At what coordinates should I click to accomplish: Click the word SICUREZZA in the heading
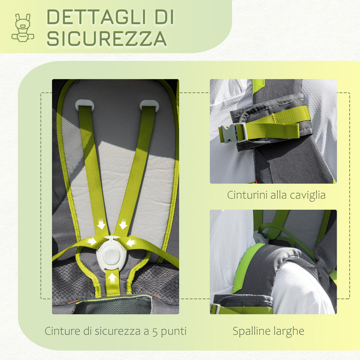107,38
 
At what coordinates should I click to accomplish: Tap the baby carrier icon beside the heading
22,27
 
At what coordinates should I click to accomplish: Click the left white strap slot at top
85,105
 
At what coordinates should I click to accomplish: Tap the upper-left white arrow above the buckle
101,225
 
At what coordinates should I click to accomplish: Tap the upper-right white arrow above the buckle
123,225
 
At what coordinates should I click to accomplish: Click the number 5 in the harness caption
156,332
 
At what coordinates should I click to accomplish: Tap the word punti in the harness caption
174,332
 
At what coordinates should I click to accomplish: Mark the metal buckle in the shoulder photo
216,308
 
